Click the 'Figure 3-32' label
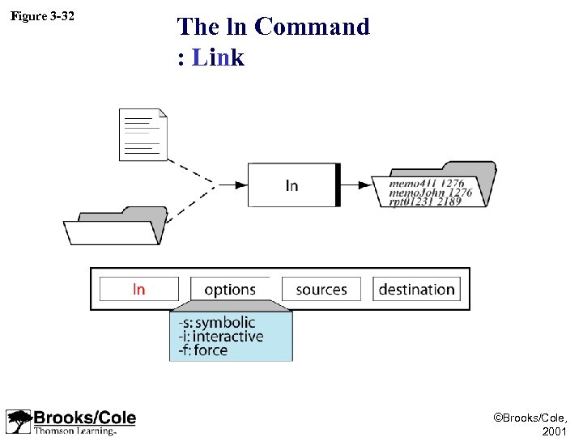tap(42, 16)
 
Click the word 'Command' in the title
tap(312, 27)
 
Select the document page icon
tap(143, 134)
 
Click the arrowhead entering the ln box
tap(240, 185)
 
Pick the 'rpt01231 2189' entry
tap(425, 201)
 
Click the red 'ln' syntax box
tap(139, 289)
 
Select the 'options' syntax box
tap(230, 289)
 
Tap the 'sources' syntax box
tap(321, 289)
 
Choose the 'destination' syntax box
tap(416, 289)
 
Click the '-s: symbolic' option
tap(216, 323)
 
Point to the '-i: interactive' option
tap(221, 337)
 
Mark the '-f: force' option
tap(203, 350)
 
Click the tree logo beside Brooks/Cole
tap(18, 422)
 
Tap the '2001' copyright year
tap(555, 431)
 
